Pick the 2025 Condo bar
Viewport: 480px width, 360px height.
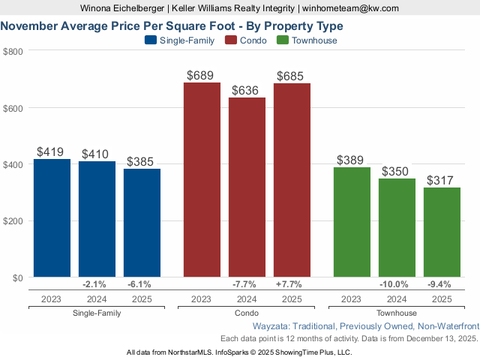click(292, 180)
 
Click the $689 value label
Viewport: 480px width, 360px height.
click(202, 76)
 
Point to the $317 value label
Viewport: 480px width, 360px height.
click(442, 181)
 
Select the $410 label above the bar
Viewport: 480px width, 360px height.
click(97, 154)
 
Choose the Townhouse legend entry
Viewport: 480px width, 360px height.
click(307, 40)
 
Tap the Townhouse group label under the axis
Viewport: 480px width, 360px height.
click(397, 313)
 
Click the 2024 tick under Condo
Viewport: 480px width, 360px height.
click(247, 299)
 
